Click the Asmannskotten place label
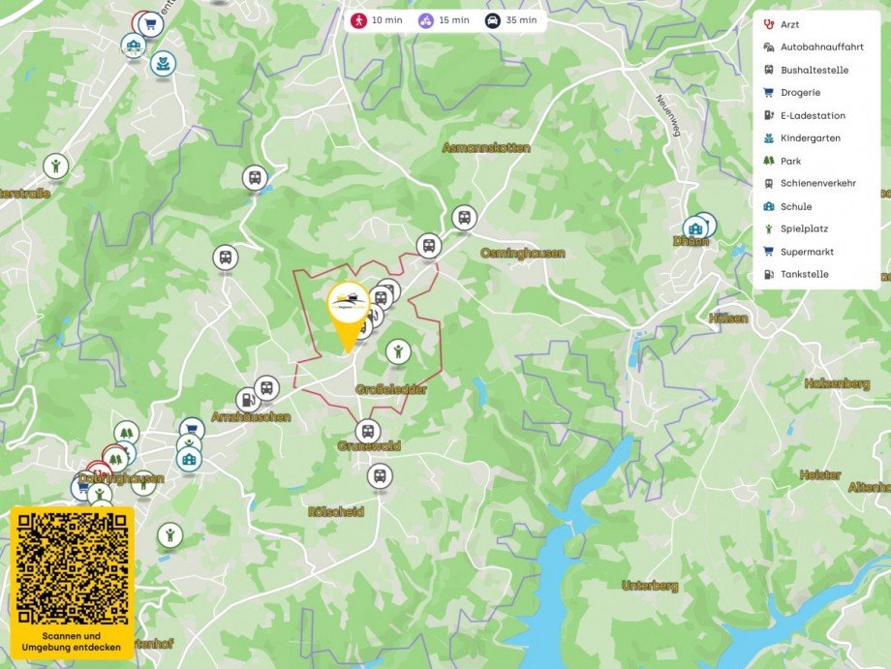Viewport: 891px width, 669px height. point(486,148)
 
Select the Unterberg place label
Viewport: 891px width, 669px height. point(650,586)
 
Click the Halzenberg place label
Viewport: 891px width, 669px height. point(837,383)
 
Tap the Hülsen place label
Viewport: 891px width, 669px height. point(728,318)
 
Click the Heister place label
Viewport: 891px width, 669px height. point(820,474)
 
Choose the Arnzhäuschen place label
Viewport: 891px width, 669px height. point(250,417)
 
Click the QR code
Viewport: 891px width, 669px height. point(73,567)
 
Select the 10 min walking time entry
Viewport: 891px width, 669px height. point(376,20)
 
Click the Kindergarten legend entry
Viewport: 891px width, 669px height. point(810,138)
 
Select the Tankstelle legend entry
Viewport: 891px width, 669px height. point(804,274)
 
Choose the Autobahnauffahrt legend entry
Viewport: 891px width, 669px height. point(821,46)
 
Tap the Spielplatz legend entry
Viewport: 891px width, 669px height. point(804,228)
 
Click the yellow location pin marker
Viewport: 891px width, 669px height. point(348,313)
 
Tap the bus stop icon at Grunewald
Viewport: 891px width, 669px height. point(367,431)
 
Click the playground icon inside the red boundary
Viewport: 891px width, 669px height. point(397,350)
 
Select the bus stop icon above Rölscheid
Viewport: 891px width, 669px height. point(380,475)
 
